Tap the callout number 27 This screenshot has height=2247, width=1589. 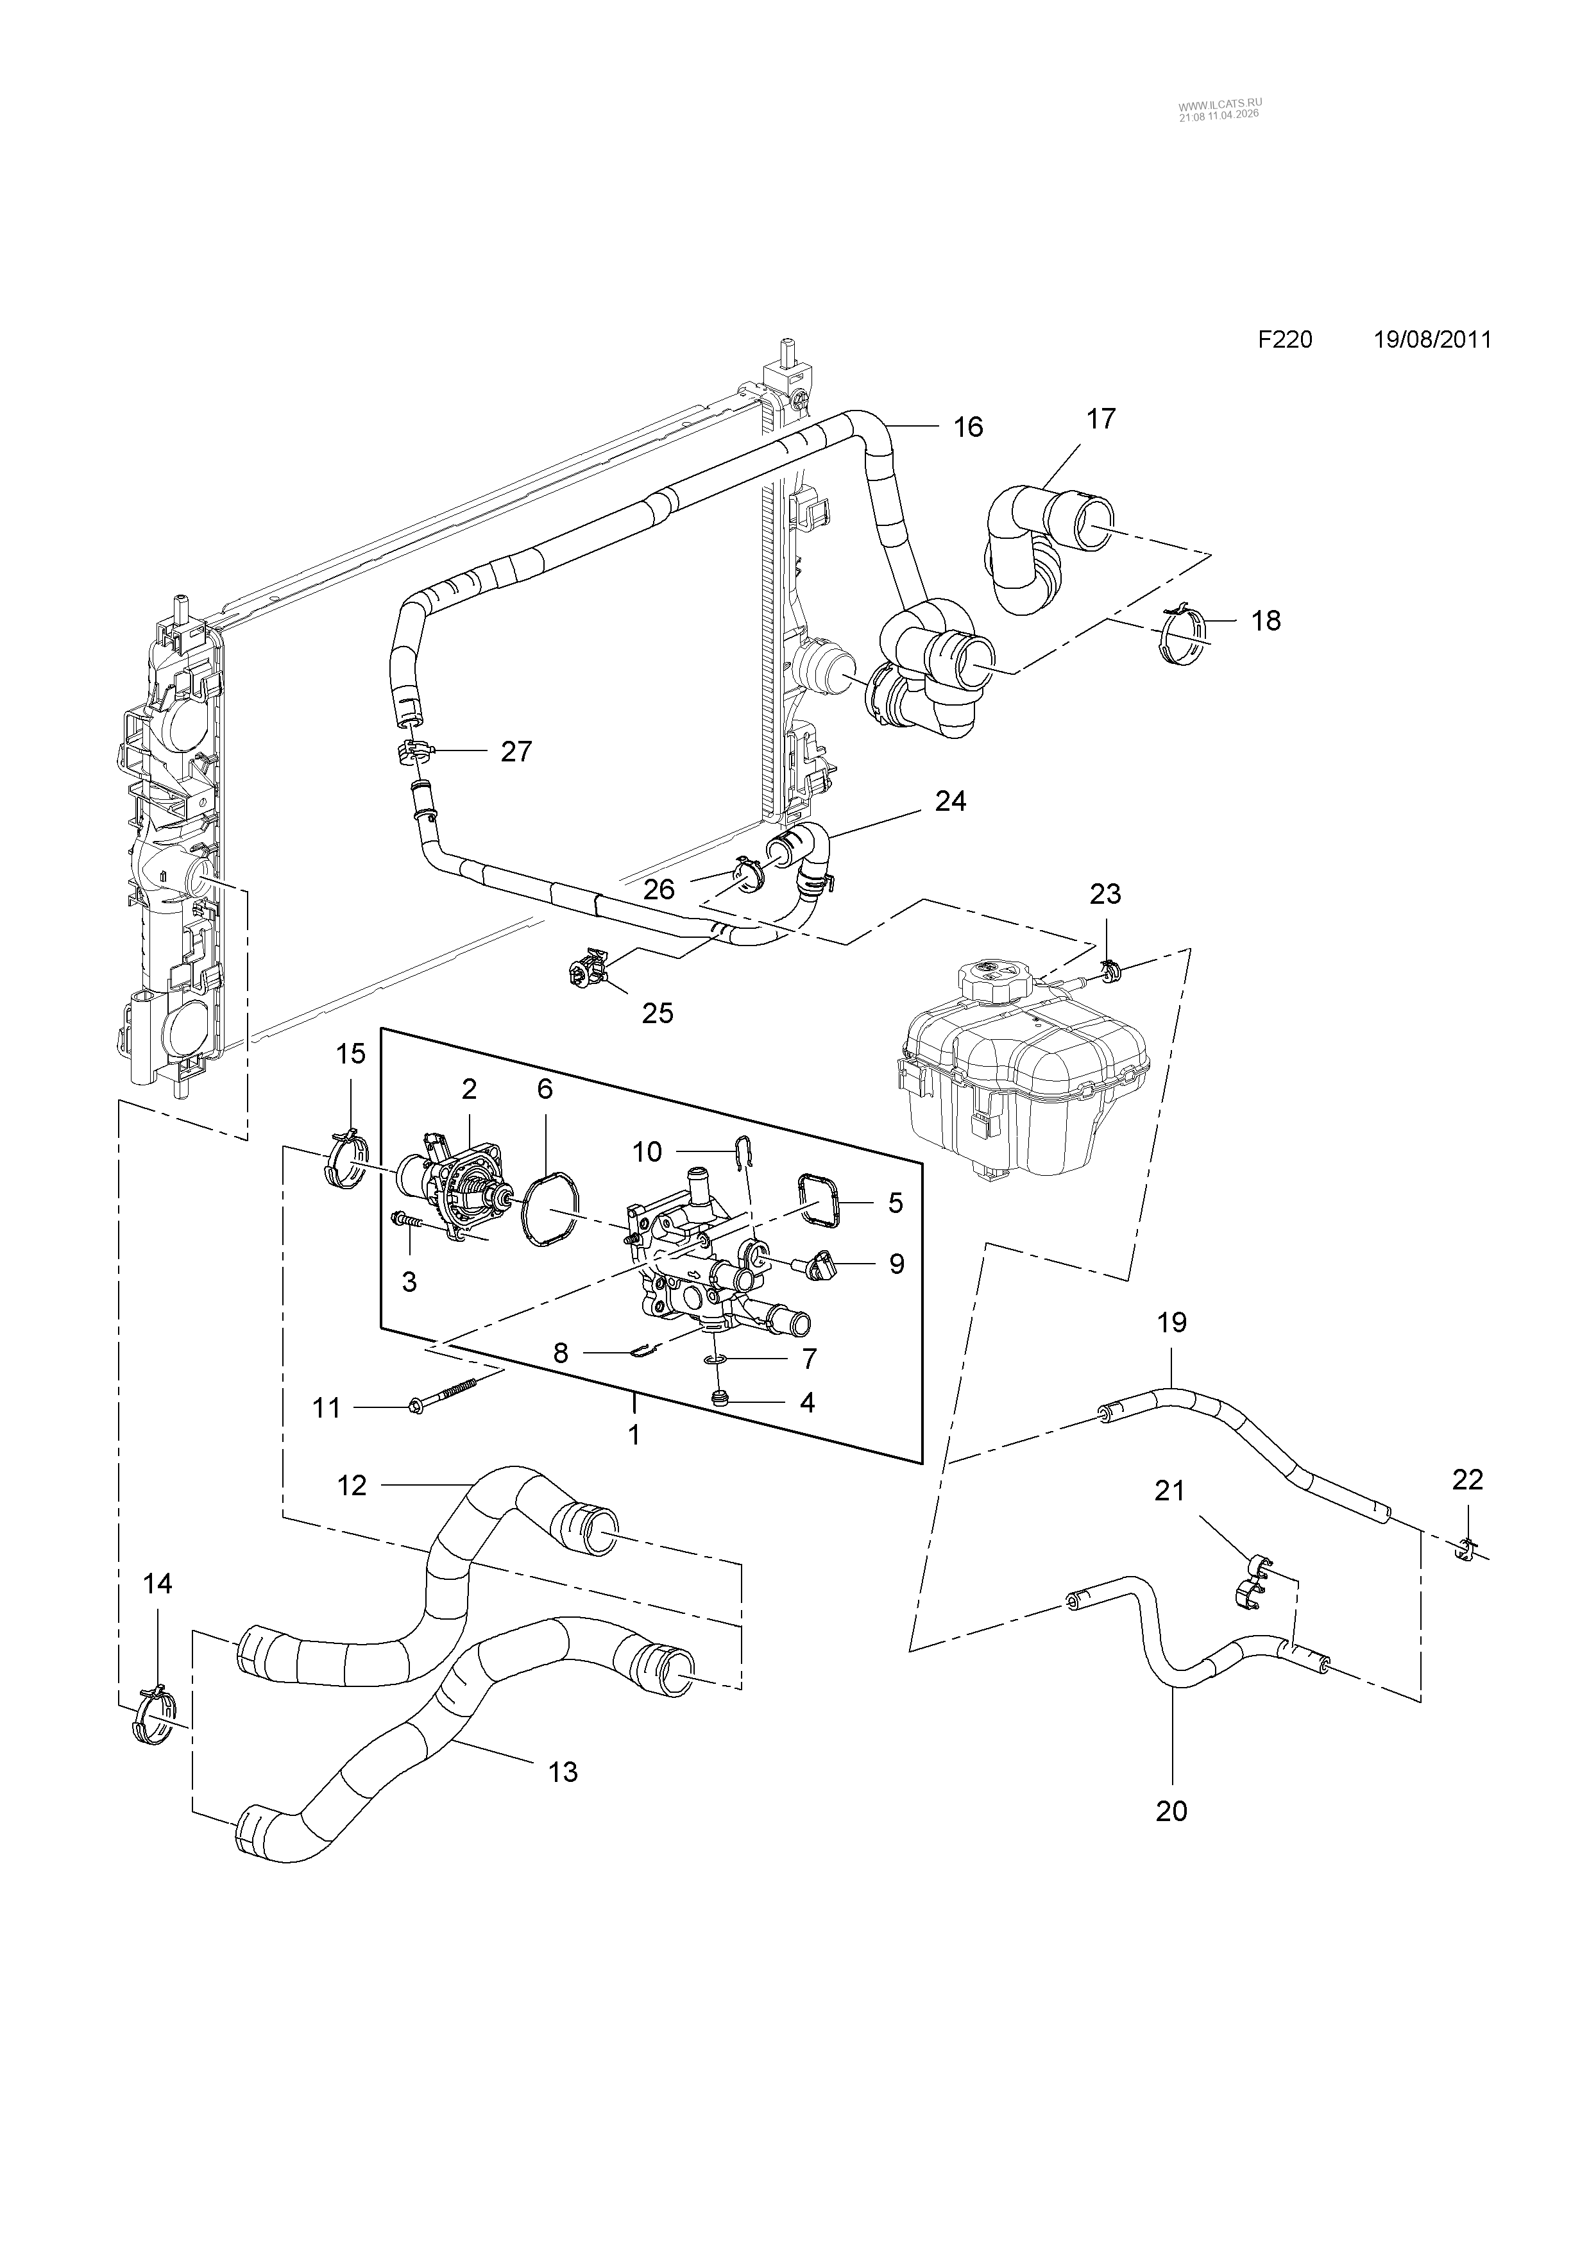click(x=516, y=752)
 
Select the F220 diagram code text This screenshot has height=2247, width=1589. click(x=1285, y=339)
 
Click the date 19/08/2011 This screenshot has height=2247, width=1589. click(x=1433, y=339)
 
